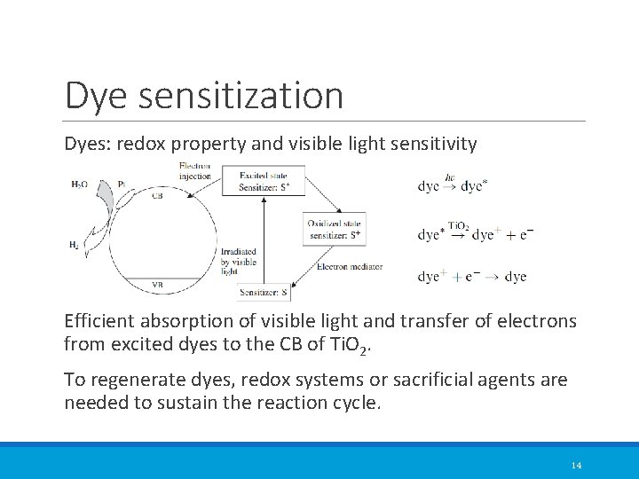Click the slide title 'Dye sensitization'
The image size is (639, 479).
pyautogui.click(x=204, y=96)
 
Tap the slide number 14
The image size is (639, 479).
pyautogui.click(x=576, y=465)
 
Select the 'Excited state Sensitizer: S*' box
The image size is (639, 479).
pyautogui.click(x=271, y=183)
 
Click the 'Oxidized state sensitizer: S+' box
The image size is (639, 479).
pyautogui.click(x=334, y=229)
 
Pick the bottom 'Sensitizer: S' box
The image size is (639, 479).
pyautogui.click(x=264, y=292)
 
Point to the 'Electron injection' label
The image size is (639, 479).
pyautogui.click(x=194, y=170)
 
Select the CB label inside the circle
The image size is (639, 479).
pyautogui.click(x=157, y=196)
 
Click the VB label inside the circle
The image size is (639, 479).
pyautogui.click(x=157, y=285)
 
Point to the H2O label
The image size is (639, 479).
pyautogui.click(x=80, y=185)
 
